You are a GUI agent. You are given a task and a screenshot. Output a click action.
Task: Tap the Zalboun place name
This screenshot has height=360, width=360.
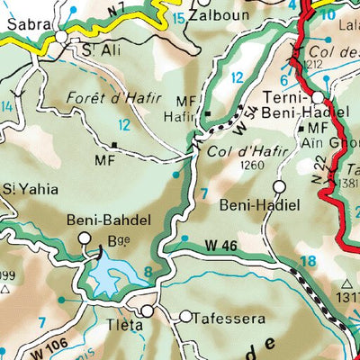pyautogui.click(x=221, y=17)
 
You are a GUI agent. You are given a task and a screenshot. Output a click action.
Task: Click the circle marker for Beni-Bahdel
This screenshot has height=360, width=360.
pyautogui.click(x=85, y=238)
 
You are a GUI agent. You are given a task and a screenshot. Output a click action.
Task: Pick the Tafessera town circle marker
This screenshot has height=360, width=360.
pyautogui.click(x=185, y=317)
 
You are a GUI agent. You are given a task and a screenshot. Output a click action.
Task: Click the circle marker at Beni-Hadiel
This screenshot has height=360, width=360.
pyautogui.click(x=279, y=186)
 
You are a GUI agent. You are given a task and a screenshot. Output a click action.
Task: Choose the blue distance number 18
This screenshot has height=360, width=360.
pyautogui.click(x=309, y=261)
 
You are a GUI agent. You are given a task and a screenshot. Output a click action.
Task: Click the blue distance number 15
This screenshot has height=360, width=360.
pyautogui.click(x=179, y=18)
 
